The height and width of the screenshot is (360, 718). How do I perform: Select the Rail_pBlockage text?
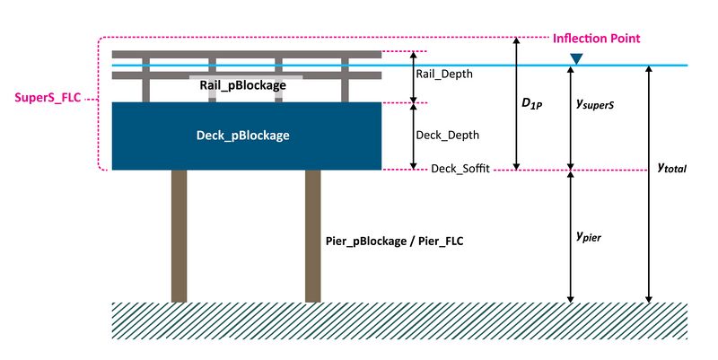[238, 85]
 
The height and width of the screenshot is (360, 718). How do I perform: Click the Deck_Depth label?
[448, 136]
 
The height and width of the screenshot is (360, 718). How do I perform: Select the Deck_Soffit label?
[460, 169]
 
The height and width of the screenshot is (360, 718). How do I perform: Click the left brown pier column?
[179, 235]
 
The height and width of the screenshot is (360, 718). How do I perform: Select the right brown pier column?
[312, 235]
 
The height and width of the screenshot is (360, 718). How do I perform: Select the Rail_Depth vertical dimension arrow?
[413, 76]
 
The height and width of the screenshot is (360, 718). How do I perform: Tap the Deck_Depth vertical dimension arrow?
[413, 136]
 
